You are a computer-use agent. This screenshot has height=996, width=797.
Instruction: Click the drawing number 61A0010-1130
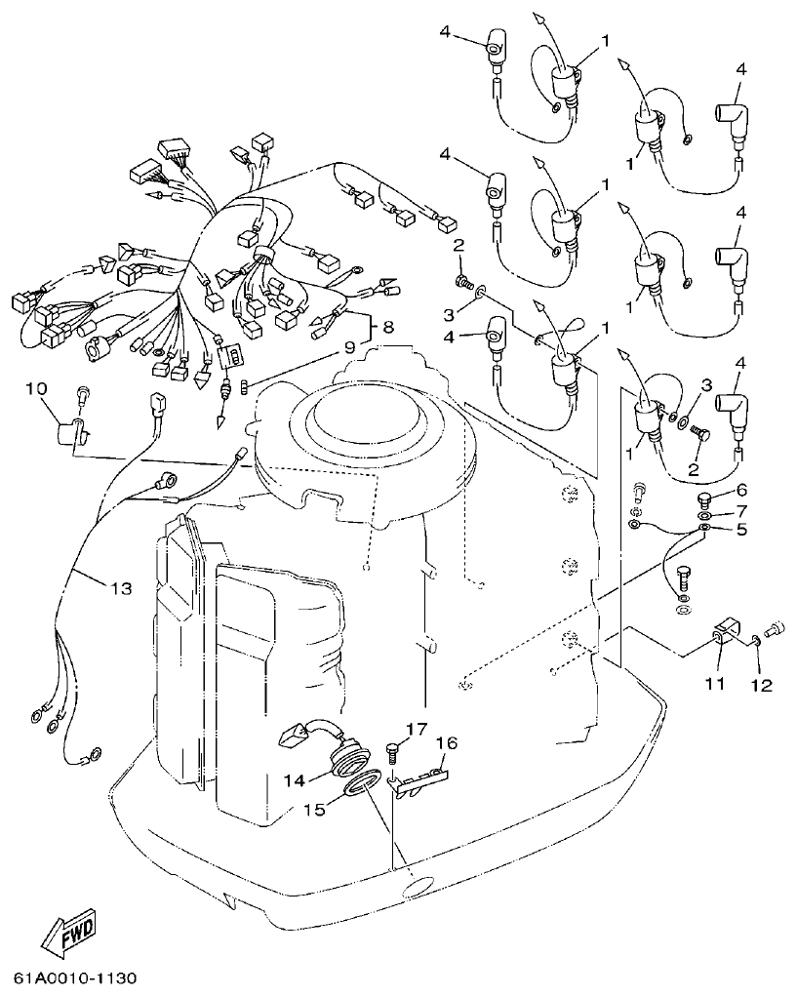pos(75,977)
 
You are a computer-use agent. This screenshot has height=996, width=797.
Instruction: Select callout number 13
pos(120,588)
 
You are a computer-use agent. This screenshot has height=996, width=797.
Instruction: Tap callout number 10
pos(36,389)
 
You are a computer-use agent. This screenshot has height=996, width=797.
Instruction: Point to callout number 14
pos(294,778)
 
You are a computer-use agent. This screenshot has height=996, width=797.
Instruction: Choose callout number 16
pos(445,744)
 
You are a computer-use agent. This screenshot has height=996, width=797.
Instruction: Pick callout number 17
pos(417,729)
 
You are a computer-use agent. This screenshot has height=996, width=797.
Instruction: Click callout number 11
pos(715,685)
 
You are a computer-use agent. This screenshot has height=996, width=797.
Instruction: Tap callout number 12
pos(761,685)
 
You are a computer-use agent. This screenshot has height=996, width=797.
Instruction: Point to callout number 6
pos(740,490)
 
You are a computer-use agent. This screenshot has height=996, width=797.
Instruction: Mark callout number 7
pos(740,510)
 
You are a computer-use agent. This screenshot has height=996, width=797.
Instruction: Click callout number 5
pos(740,531)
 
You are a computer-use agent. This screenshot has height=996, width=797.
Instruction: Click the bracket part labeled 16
pos(421,778)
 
